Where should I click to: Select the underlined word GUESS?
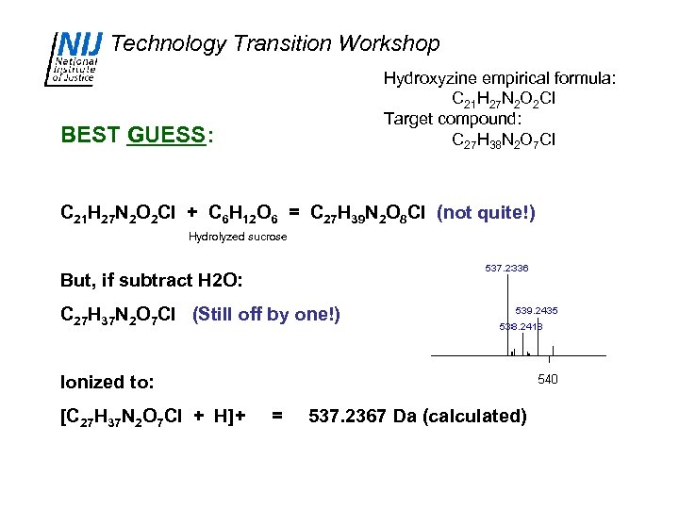[x=165, y=135]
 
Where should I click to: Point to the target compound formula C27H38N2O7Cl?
[x=504, y=140]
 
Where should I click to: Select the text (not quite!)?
[x=486, y=213]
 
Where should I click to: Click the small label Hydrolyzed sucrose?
[x=238, y=237]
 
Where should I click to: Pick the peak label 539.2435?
[x=537, y=310]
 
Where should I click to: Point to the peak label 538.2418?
[x=521, y=326]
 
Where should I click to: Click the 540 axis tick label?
[x=548, y=379]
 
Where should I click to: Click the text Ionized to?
[x=107, y=382]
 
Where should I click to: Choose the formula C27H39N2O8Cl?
[x=370, y=213]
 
